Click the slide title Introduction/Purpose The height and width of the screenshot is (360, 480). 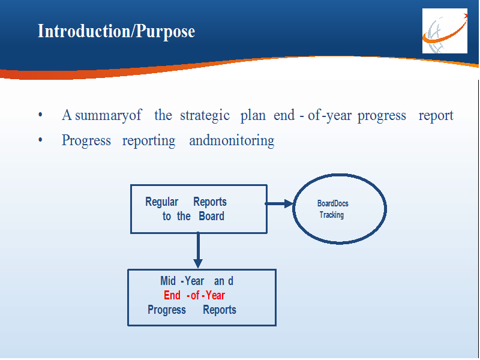click(x=116, y=32)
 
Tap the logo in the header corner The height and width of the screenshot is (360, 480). click(x=445, y=31)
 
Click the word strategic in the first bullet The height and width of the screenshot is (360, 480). click(x=205, y=116)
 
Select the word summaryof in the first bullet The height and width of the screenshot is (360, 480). click(x=109, y=116)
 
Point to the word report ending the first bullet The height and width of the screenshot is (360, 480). click(x=436, y=116)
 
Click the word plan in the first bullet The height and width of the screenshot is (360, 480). click(x=253, y=116)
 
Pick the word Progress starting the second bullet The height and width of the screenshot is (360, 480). click(x=86, y=141)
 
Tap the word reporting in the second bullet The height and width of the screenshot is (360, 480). click(x=149, y=141)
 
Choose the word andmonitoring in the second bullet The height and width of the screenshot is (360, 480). click(x=232, y=141)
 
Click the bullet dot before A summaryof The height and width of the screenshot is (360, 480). click(x=40, y=115)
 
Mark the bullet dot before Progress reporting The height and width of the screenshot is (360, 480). click(x=40, y=140)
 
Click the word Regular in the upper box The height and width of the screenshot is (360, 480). click(x=161, y=202)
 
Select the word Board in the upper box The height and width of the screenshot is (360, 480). click(x=212, y=216)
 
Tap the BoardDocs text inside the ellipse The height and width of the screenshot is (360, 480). click(x=333, y=203)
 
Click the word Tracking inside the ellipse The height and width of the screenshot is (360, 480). click(x=332, y=215)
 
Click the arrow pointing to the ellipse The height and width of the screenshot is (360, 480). click(x=279, y=203)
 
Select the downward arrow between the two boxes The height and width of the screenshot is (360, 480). click(x=198, y=250)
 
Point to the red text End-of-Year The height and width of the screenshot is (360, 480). click(x=194, y=295)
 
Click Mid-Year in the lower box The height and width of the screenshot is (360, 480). click(x=182, y=281)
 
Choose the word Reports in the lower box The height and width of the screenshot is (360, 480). click(x=220, y=310)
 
